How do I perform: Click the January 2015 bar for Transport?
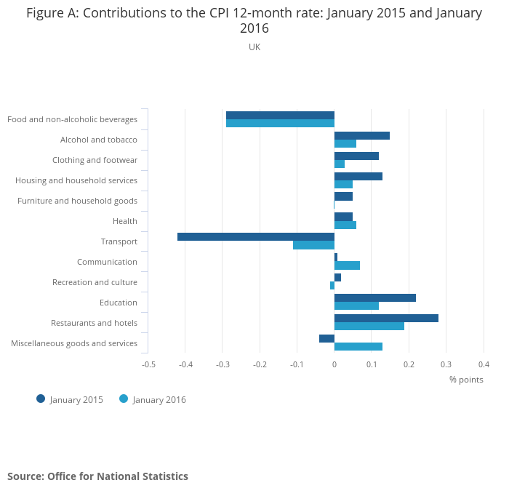coord(255,236)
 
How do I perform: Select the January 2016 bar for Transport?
coord(313,245)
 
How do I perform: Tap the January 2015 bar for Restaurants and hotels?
coord(386,318)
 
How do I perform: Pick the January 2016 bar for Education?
coord(356,305)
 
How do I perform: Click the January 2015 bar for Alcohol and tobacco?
coord(362,135)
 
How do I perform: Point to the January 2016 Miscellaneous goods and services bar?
coord(358,346)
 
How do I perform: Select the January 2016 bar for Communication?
coord(347,265)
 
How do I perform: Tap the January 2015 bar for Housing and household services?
coord(358,176)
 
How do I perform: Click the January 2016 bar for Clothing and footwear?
coord(340,164)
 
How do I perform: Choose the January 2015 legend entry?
coord(70,399)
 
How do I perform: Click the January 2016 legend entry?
coord(153,399)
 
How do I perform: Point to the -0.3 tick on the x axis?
coord(223,364)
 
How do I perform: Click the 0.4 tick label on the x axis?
coord(484,364)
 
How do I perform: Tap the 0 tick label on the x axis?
coord(334,364)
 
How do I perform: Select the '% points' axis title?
coord(466,380)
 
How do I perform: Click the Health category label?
coord(125,221)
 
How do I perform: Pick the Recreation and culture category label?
coord(95,282)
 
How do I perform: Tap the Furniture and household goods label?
coord(77,201)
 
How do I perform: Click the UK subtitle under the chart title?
coord(254,47)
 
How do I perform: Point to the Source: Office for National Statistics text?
coord(97,476)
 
